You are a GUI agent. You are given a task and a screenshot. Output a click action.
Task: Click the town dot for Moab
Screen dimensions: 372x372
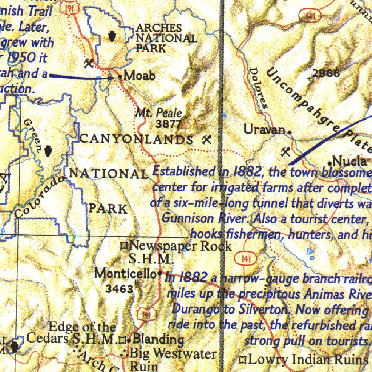120,77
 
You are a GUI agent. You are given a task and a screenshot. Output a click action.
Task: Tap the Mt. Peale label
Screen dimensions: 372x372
158,113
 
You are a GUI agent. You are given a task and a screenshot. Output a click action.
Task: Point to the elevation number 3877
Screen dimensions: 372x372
168,124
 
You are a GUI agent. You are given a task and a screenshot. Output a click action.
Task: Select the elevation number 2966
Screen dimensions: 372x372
326,73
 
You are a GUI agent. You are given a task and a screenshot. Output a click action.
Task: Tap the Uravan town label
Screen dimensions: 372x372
264,129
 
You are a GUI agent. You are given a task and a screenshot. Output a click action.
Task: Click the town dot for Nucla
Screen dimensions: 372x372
329,162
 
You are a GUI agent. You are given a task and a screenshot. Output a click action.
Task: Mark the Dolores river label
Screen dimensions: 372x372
259,88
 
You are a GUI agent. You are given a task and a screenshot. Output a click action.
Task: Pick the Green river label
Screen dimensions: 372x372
32,135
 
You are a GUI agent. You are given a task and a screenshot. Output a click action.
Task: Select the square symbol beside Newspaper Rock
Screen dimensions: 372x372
124,247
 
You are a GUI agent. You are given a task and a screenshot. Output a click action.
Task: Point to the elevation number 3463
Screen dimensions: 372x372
119,289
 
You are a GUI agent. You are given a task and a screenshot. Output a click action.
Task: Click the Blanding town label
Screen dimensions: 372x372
158,339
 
